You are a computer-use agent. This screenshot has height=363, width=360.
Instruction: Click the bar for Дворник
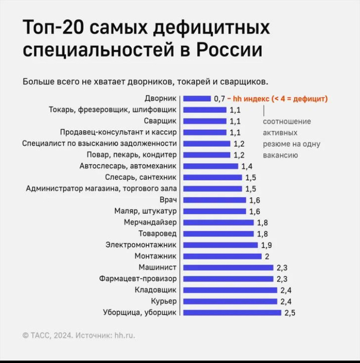[197, 98]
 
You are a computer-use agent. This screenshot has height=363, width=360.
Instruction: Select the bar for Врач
[214, 200]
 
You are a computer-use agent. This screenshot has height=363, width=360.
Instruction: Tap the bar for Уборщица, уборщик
[232, 313]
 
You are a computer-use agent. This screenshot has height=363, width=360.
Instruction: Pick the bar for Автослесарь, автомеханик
[211, 166]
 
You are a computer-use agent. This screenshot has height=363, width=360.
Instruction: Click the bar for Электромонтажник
[221, 245]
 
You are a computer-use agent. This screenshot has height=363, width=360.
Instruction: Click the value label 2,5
[290, 313]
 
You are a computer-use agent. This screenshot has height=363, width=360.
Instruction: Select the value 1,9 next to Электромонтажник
[266, 245]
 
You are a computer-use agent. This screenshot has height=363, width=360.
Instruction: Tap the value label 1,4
[247, 166]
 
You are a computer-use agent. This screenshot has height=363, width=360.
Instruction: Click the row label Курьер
[164, 301]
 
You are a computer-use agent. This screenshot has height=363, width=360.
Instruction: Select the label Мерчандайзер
[150, 222]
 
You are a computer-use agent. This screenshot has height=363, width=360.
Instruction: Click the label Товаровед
[158, 234]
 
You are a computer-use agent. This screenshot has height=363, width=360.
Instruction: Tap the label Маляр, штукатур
[146, 211]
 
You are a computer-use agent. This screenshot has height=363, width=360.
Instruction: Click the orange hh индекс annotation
[278, 98]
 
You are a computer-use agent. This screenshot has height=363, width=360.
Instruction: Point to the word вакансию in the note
[280, 155]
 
